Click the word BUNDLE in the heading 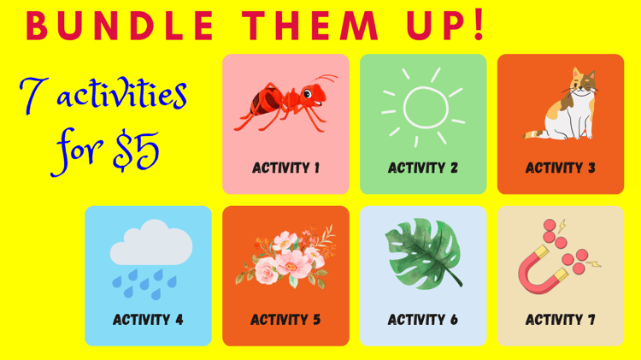coord(121,26)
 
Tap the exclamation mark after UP coord(479,26)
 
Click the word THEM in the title coord(310,26)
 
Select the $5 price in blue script coord(136,150)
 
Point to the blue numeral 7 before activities coord(30,95)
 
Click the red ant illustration coord(285,103)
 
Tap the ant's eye coord(308,95)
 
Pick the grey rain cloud coord(150,242)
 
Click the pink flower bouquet coord(285,257)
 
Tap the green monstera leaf coord(423,253)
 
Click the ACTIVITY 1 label coord(285,168)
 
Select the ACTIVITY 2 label coord(423,168)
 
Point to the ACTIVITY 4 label coord(148,320)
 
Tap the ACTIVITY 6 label coord(423,320)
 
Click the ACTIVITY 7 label coord(561,320)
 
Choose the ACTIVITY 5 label coord(285,320)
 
